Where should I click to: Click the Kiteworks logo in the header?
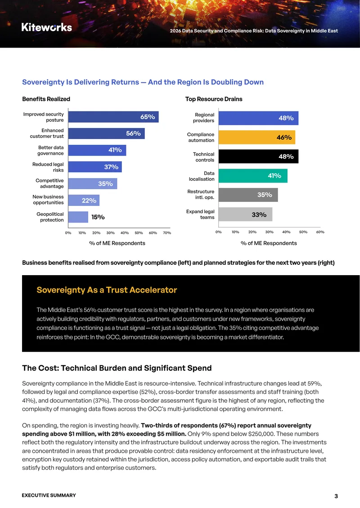(47, 27)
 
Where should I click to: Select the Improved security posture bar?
(113, 117)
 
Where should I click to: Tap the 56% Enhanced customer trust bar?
(106, 134)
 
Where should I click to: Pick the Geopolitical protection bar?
(78, 217)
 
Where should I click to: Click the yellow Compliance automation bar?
(257, 138)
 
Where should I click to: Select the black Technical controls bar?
(258, 156)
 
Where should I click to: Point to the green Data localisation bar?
(253, 176)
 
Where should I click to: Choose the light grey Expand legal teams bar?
(246, 214)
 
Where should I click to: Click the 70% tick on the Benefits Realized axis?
(167, 233)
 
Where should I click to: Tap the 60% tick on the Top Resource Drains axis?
(320, 232)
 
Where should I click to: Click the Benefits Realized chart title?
(46, 99)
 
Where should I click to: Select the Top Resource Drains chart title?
(214, 99)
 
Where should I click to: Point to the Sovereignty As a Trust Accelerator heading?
(107, 290)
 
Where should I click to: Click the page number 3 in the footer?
(336, 496)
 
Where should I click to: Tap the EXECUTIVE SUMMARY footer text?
(49, 495)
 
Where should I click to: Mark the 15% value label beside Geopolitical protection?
(98, 217)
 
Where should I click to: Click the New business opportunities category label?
(48, 200)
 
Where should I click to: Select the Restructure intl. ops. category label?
(201, 194)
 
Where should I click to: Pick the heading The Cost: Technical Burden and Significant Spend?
(117, 368)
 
